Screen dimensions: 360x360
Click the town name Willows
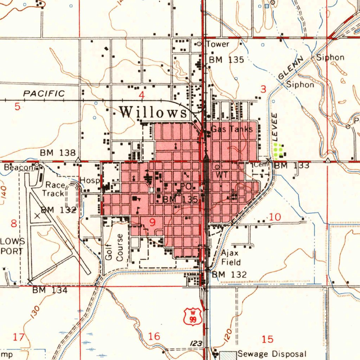point(153,112)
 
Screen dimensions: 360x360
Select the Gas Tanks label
point(232,129)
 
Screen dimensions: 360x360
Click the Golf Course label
point(115,247)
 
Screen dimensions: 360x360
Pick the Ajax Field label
point(231,258)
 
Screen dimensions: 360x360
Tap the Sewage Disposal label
point(272,354)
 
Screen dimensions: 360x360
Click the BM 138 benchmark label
point(58,153)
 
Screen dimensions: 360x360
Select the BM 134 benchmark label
point(50,290)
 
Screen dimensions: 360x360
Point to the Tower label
point(218,44)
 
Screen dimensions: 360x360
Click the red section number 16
point(154,336)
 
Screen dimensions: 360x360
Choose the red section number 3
point(263,90)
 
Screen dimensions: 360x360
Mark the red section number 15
point(268,339)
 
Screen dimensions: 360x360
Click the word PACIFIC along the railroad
point(44,94)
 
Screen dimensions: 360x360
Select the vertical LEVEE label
point(275,127)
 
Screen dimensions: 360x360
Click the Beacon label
point(18,168)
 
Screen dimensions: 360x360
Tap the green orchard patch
point(278,150)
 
